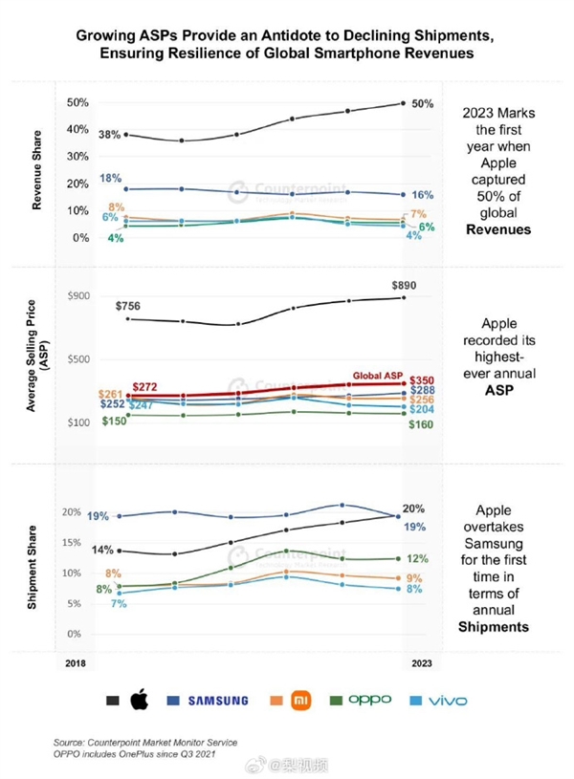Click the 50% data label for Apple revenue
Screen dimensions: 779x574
[423, 102]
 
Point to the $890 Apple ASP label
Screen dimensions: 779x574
[405, 286]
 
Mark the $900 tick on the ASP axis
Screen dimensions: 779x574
[77, 296]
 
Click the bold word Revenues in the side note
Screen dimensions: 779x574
[497, 228]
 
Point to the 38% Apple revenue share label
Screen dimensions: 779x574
[109, 136]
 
